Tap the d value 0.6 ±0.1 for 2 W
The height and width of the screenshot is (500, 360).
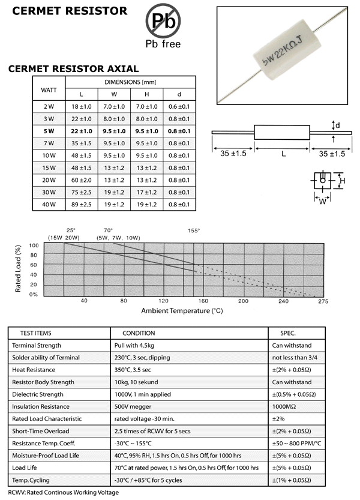[179, 106]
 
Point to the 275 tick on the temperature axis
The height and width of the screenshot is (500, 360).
[323, 301]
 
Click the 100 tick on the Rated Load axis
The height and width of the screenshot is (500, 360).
[34, 245]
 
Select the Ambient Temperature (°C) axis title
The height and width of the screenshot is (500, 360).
[182, 311]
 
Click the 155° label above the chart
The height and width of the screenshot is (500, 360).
[194, 230]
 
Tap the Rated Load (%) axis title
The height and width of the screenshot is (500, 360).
[19, 268]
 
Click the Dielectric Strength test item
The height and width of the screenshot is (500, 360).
[38, 394]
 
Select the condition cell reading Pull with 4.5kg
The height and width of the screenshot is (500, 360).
[137, 346]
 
